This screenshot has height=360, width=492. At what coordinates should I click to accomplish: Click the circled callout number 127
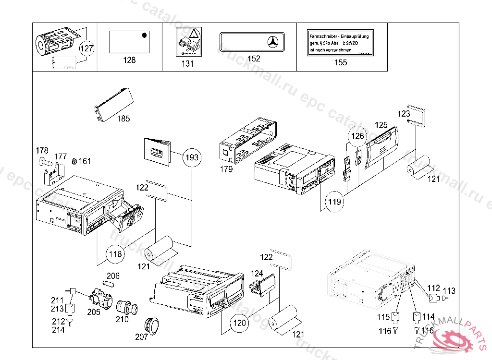tap(87, 48)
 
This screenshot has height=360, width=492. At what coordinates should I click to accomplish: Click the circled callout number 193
tap(192, 157)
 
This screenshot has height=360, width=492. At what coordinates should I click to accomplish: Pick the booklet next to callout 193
tap(158, 151)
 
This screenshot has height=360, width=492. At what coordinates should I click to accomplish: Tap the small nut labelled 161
tap(74, 161)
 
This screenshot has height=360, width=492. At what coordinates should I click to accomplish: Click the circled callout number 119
tap(335, 202)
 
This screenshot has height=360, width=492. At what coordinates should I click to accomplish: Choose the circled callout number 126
tap(357, 136)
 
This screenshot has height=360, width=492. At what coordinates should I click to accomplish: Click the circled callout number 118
tap(115, 254)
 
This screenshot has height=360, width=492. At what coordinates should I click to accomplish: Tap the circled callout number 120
tap(239, 323)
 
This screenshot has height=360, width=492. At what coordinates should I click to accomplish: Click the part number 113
tap(449, 290)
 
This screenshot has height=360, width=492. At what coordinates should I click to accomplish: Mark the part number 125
tap(381, 125)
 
